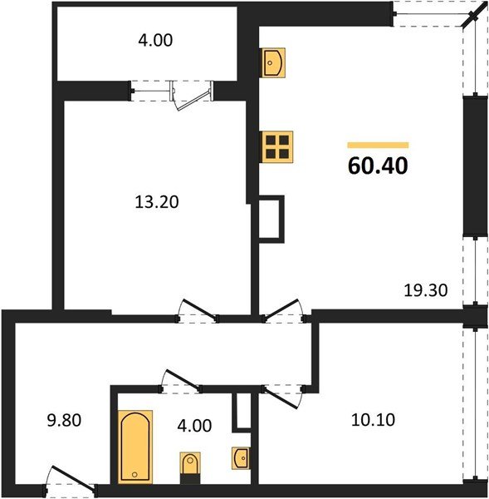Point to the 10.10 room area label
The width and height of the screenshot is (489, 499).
[372, 419]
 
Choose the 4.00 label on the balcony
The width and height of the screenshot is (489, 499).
[156, 39]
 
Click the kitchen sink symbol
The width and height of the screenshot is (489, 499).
[274, 62]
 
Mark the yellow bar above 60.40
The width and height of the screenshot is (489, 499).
[378, 145]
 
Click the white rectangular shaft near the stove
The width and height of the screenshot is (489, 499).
[271, 219]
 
